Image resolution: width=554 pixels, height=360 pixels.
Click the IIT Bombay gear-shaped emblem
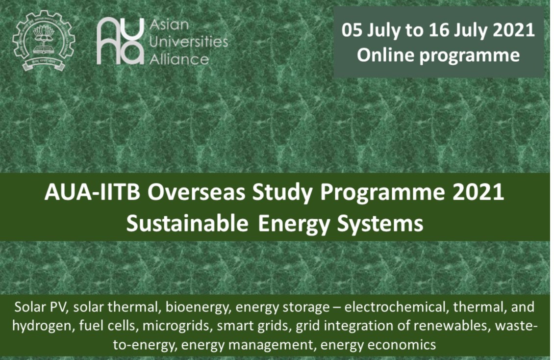click(x=44, y=41)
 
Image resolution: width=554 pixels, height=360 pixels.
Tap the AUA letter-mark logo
click(x=121, y=41)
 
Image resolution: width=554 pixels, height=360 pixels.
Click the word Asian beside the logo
click(x=169, y=25)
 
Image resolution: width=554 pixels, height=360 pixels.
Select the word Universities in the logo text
click(x=189, y=42)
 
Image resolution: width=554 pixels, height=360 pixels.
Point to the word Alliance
click(x=179, y=59)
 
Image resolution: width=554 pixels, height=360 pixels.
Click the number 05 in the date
click(x=352, y=30)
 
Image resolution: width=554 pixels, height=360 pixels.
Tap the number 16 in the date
click(x=439, y=30)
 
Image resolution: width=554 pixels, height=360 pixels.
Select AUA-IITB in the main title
click(x=93, y=193)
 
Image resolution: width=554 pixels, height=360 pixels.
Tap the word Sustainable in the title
click(x=187, y=224)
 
